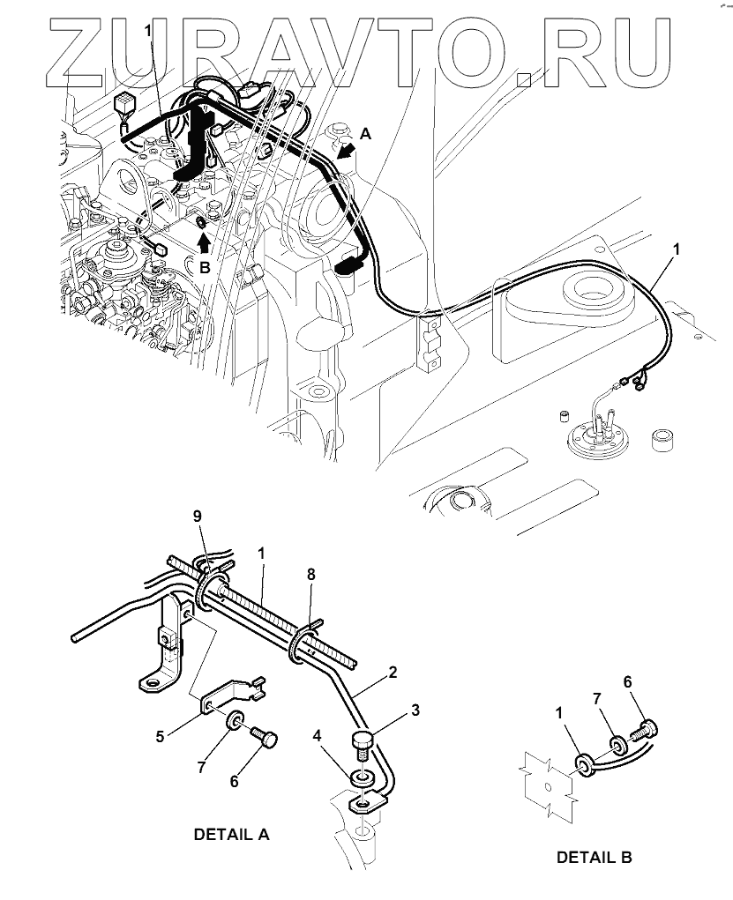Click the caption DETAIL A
point(232,834)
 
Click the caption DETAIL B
point(595,856)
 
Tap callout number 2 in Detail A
point(392,673)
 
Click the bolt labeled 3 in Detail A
point(363,742)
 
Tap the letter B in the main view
point(204,268)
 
